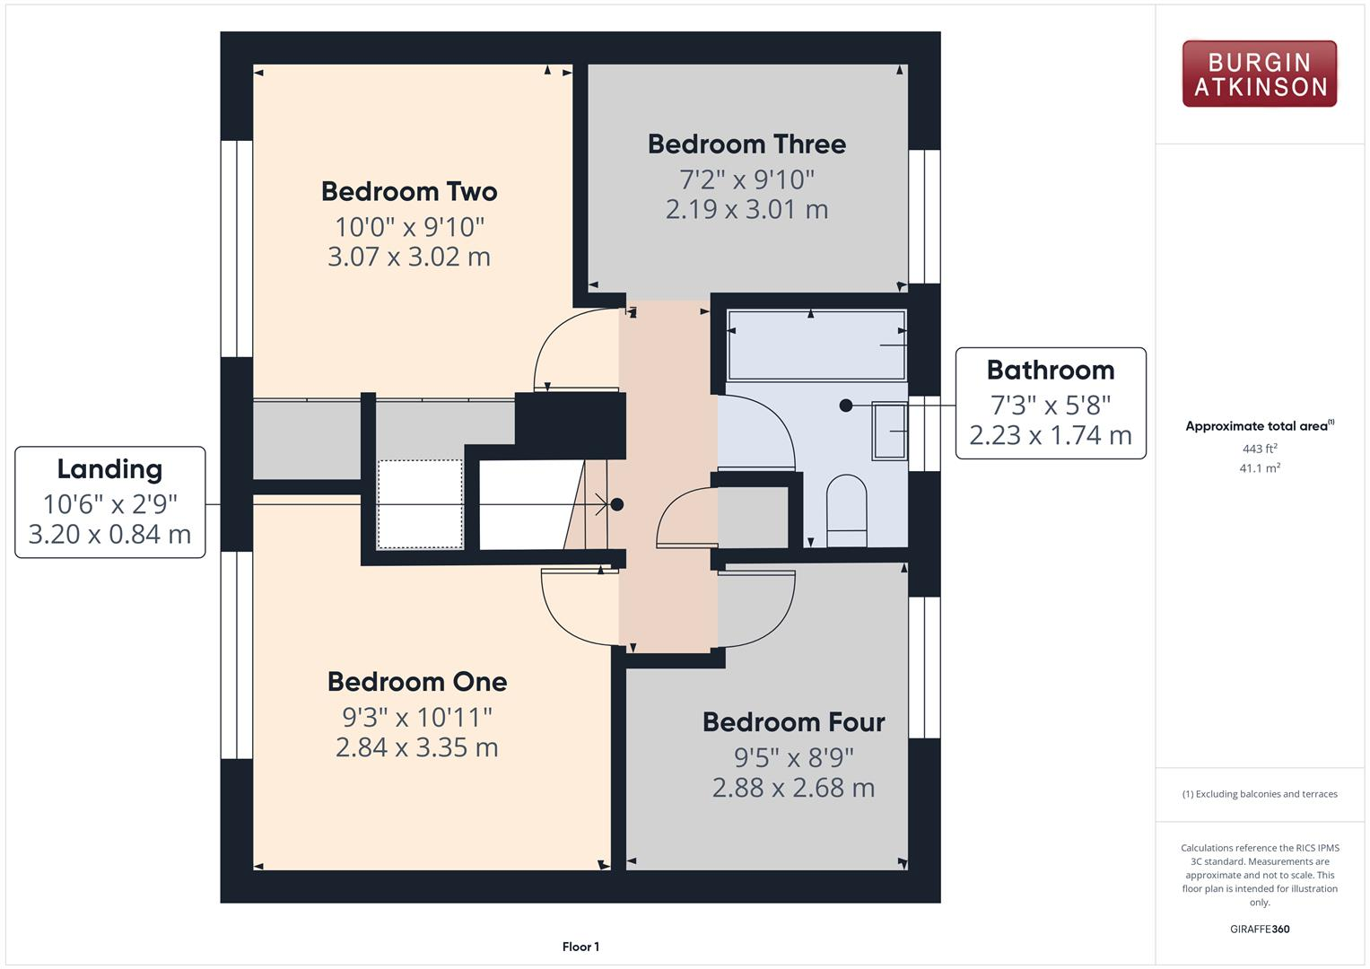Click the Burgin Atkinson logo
point(1259,74)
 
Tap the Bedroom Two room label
point(409,191)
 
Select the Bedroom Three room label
point(746,144)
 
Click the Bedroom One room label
point(417,682)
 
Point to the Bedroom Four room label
point(793,722)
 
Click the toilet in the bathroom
point(846,511)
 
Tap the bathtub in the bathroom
point(816,345)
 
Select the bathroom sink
point(889,431)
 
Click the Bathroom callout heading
point(1050,371)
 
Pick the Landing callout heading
point(109,469)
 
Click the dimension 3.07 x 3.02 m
point(409,258)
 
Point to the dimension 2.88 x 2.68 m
point(793,788)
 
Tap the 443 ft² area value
point(1259,449)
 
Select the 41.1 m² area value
point(1259,468)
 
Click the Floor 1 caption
point(580,947)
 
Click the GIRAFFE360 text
point(1259,930)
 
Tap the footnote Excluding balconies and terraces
point(1259,794)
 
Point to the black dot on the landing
point(617,504)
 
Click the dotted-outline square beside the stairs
point(420,503)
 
